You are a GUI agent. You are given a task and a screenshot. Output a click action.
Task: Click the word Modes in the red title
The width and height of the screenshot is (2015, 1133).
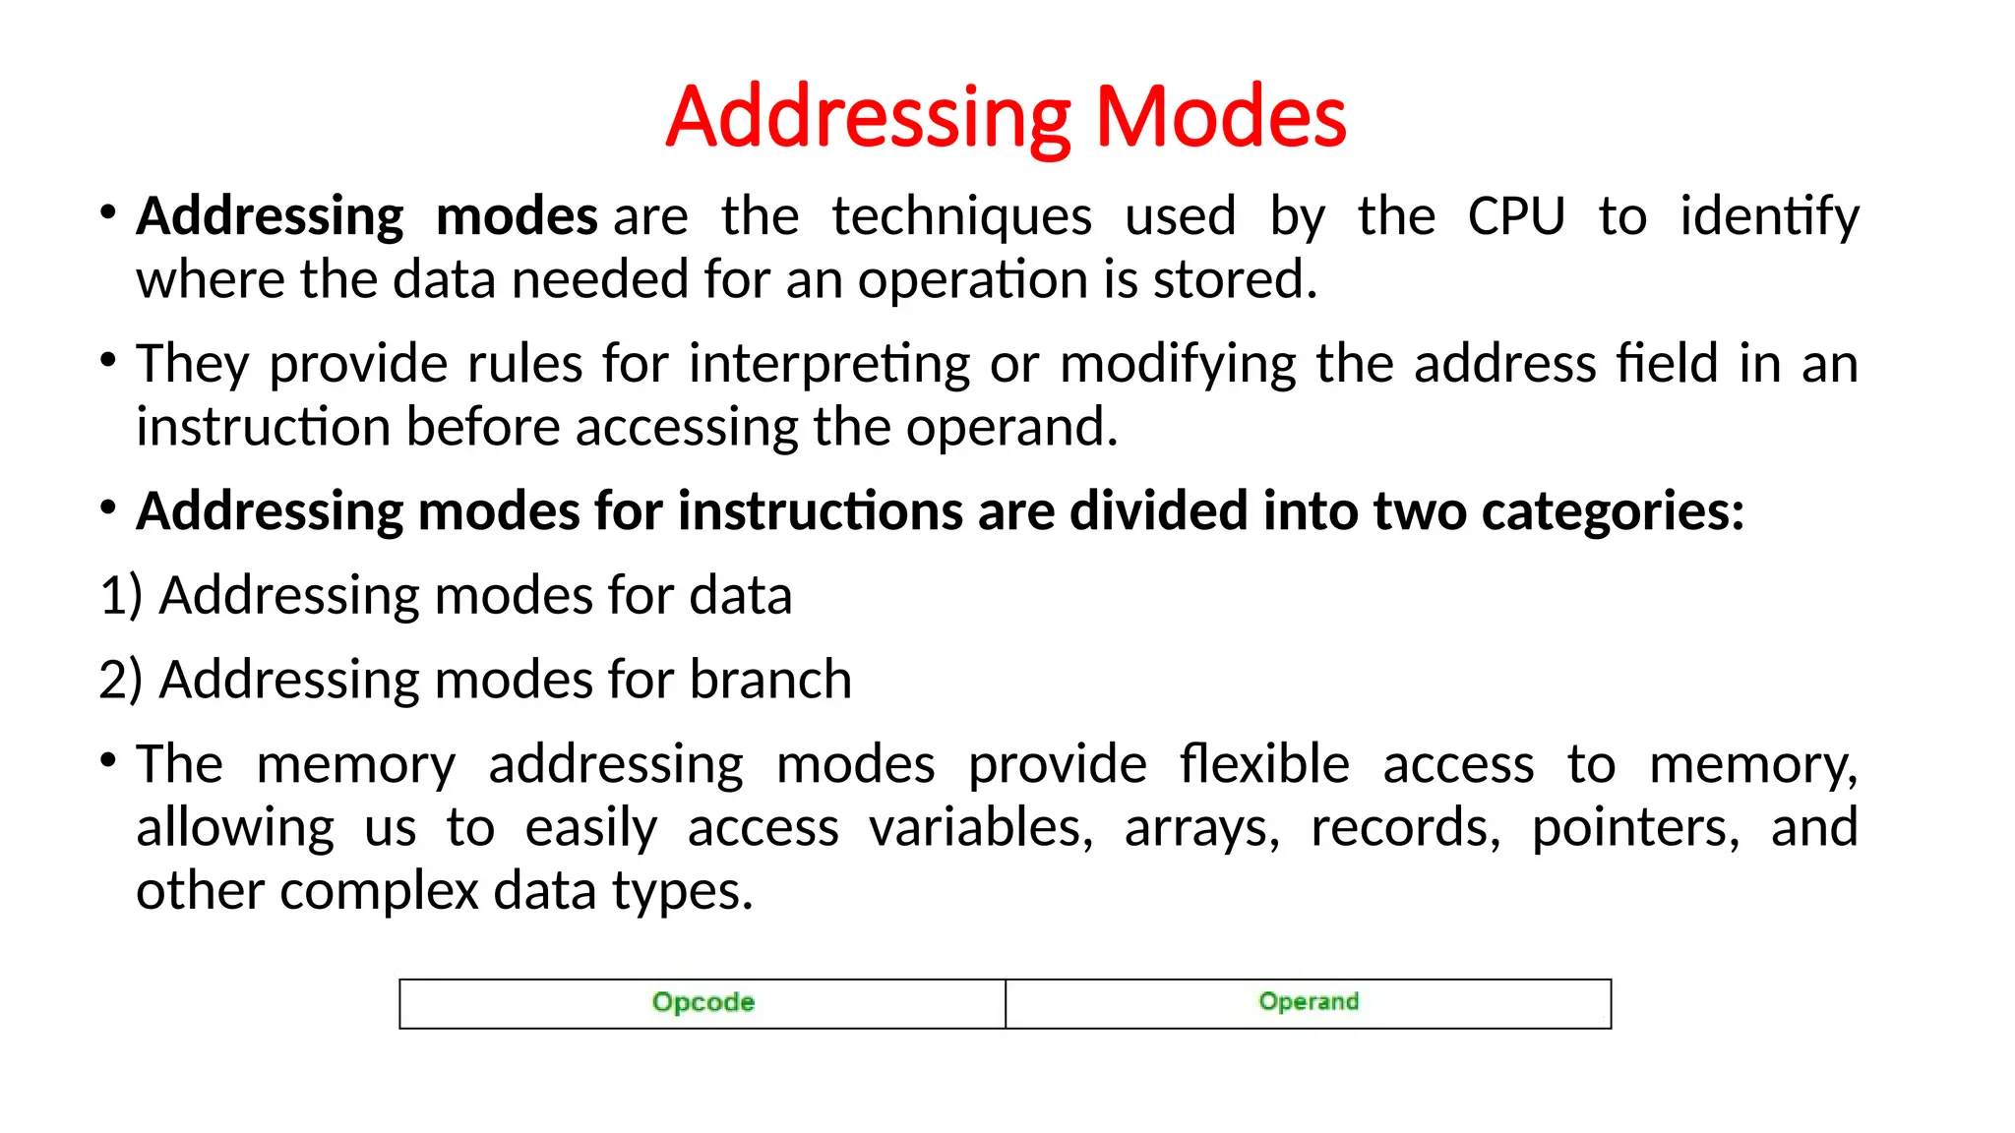tap(1220, 117)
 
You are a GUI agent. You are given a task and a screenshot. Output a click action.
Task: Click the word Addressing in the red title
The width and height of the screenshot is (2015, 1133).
tap(869, 117)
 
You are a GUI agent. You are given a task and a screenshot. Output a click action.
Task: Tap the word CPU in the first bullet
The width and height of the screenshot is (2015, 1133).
tap(1515, 216)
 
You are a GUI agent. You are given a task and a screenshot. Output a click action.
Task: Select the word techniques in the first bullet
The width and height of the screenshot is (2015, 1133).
tap(961, 216)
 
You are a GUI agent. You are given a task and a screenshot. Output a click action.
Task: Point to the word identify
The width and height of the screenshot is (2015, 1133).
tap(1768, 216)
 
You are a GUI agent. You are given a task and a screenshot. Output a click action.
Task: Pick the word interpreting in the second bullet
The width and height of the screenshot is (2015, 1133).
tap(829, 364)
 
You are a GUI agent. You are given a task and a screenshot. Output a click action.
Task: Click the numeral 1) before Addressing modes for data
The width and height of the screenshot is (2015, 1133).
tap(121, 596)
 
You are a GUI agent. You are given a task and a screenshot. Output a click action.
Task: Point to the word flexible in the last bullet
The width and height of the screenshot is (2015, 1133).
tap(1264, 764)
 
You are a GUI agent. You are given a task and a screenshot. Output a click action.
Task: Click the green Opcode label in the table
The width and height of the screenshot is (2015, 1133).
tap(702, 1002)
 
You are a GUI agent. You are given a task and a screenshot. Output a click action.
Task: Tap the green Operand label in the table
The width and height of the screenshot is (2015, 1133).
tap(1308, 1002)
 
